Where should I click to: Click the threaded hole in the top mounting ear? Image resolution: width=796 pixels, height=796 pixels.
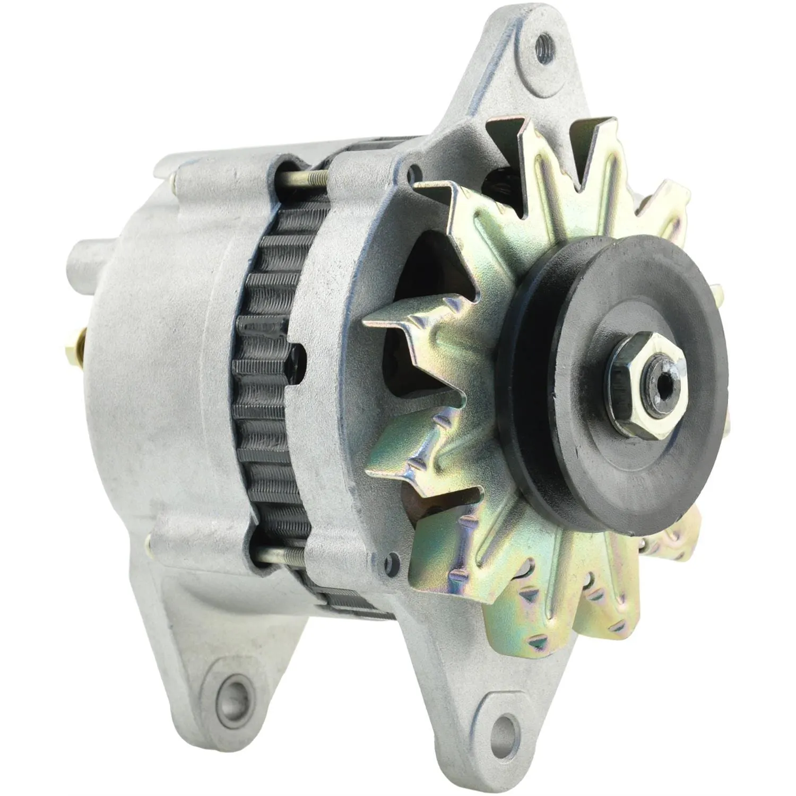pyautogui.click(x=542, y=40)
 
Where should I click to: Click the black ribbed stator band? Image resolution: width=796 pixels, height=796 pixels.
pyautogui.click(x=265, y=371)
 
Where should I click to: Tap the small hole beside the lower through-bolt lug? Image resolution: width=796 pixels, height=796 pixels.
pyautogui.click(x=392, y=559)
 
